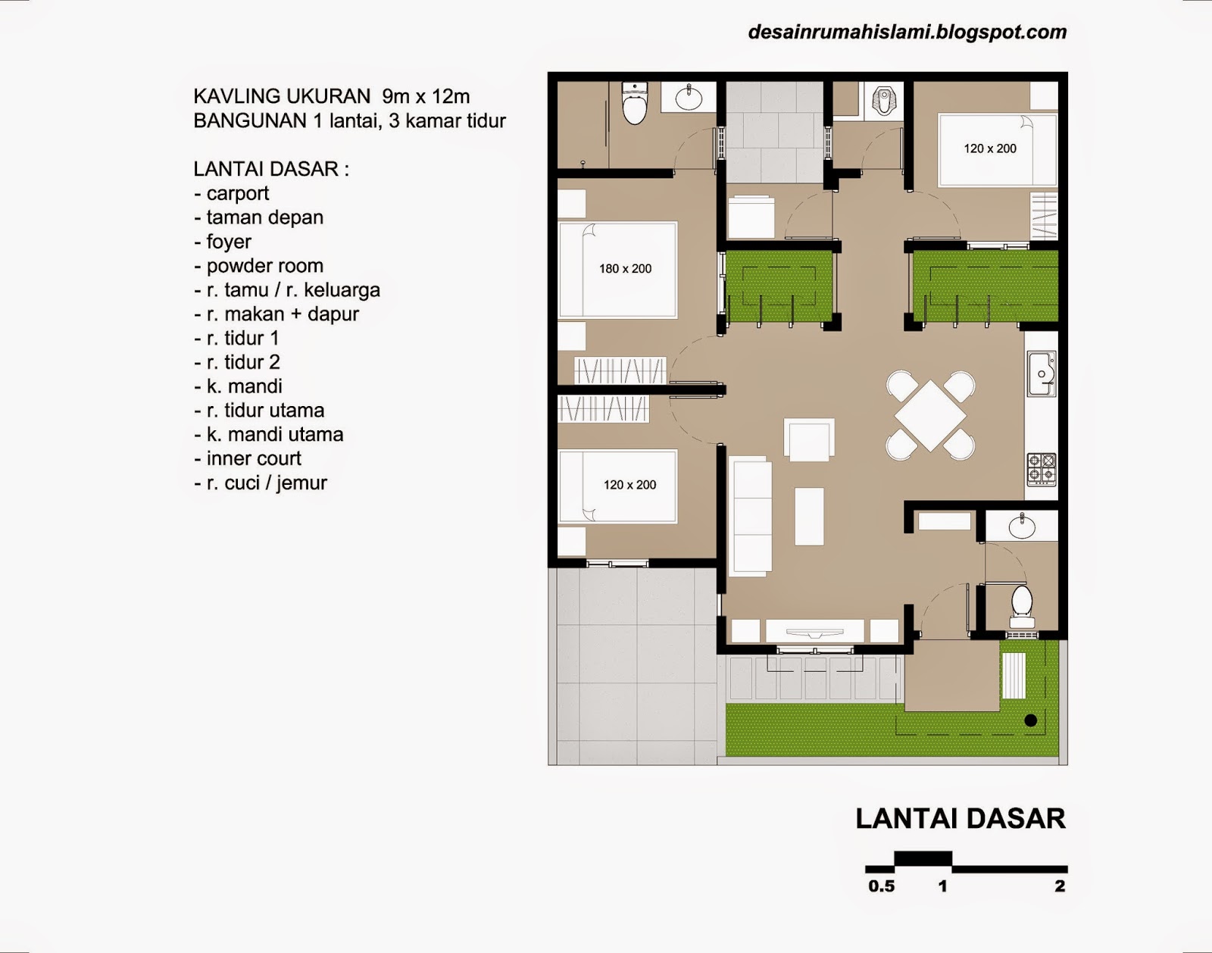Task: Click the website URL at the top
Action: click(x=907, y=32)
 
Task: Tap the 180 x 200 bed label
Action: click(x=625, y=268)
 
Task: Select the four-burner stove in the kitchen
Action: click(x=1041, y=468)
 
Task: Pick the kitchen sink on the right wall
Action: click(x=1042, y=373)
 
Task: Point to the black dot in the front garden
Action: click(x=1030, y=720)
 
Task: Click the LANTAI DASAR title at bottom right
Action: click(x=961, y=819)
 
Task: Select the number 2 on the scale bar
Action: click(x=1060, y=886)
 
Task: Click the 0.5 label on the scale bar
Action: click(x=881, y=886)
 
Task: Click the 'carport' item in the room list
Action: click(x=237, y=193)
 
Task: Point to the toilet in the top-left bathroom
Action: click(x=633, y=104)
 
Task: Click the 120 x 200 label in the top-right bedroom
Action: click(x=989, y=148)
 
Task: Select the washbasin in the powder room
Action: click(x=1021, y=524)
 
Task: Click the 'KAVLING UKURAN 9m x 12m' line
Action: click(x=332, y=96)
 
